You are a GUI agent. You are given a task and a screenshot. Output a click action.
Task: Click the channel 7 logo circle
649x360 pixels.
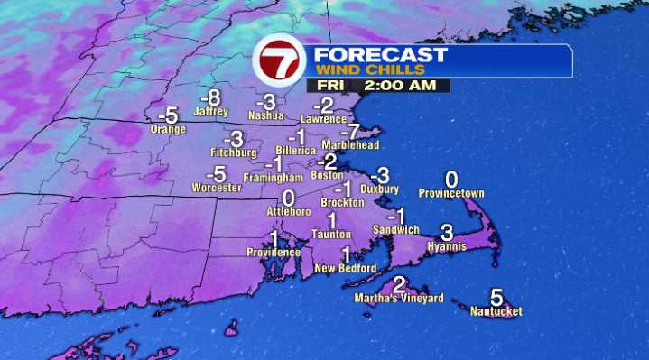(280, 61)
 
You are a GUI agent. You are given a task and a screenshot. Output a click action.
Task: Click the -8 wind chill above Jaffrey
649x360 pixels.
(210, 97)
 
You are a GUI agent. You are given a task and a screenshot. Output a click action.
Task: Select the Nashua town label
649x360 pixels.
(267, 115)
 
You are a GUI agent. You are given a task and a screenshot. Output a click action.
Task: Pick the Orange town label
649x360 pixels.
(168, 129)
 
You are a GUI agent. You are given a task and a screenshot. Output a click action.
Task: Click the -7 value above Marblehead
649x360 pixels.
(354, 131)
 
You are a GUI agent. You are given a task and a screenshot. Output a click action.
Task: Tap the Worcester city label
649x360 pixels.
(217, 188)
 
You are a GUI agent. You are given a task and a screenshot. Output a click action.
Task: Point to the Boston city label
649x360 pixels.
(327, 175)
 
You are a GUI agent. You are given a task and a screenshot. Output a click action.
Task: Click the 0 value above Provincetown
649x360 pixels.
(451, 180)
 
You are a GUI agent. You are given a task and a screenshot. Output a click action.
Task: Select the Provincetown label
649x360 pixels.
(452, 193)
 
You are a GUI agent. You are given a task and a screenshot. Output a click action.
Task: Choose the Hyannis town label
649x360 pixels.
(446, 245)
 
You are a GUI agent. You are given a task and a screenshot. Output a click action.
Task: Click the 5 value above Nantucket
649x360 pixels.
(496, 297)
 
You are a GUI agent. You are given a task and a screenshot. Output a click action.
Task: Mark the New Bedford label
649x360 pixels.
(345, 268)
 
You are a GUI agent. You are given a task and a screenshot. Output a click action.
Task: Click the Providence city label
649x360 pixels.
(274, 253)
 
